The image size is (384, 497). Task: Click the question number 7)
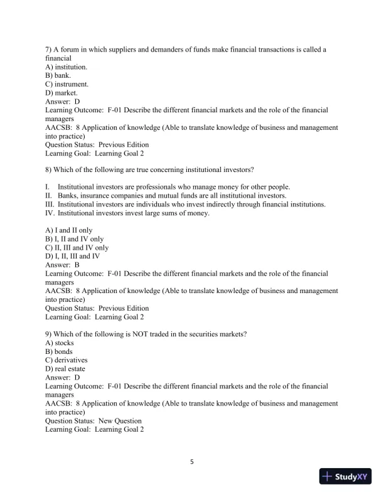tap(50, 49)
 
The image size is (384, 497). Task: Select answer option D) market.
tap(61, 92)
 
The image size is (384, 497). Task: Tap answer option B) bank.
tap(58, 75)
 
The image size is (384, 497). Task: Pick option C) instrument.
tap(67, 83)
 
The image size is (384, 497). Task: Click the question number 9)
tap(50, 334)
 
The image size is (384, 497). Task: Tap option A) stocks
tap(60, 343)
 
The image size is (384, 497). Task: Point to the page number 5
tap(192, 463)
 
